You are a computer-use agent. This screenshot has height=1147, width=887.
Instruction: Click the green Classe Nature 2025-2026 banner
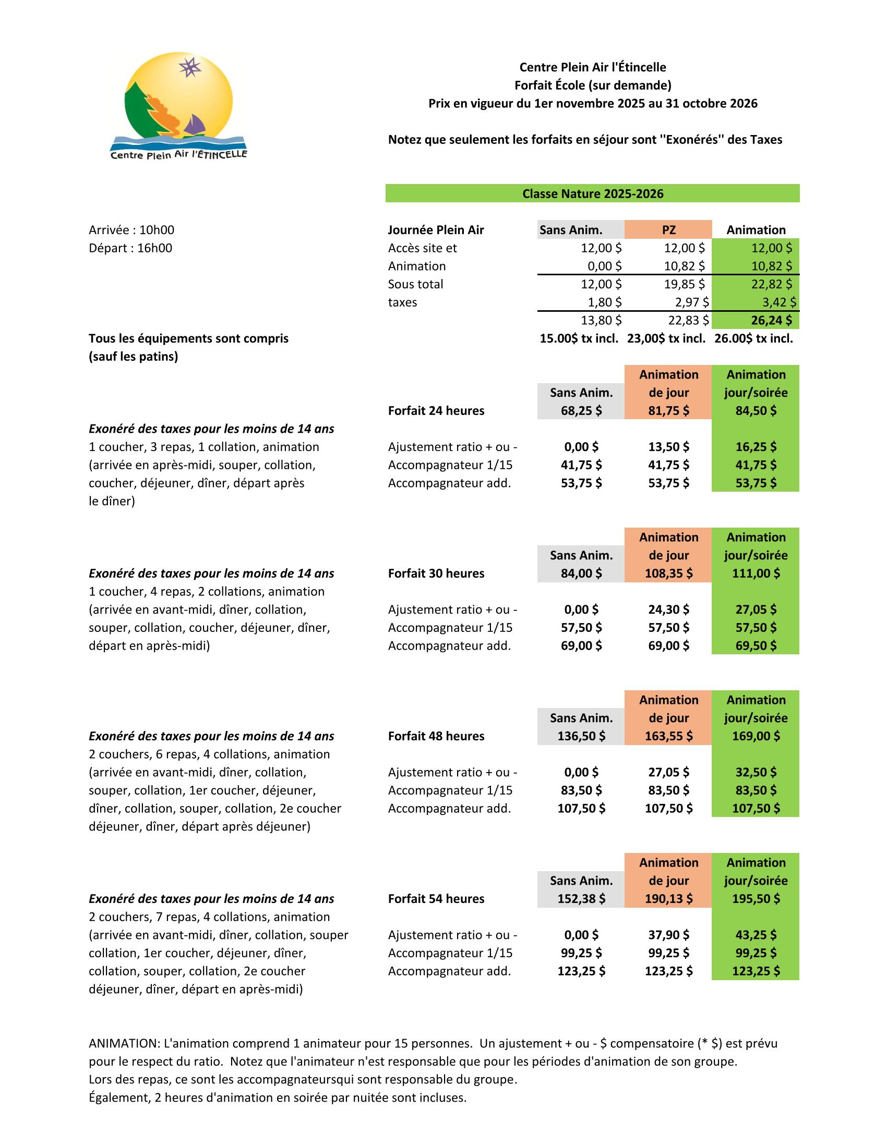click(592, 194)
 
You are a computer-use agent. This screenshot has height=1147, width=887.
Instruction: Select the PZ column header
click(668, 229)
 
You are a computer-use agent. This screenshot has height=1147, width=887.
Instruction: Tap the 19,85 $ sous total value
click(684, 284)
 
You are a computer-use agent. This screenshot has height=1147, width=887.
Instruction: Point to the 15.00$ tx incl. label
click(579, 339)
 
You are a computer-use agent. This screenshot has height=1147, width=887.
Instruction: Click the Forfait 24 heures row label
click(436, 411)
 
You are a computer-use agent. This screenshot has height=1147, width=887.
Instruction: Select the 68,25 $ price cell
click(581, 411)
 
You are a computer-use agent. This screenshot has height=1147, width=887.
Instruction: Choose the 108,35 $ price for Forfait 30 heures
click(668, 573)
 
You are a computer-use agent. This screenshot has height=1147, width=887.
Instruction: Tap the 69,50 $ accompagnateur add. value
click(756, 645)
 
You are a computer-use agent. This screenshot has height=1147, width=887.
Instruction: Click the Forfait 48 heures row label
click(436, 736)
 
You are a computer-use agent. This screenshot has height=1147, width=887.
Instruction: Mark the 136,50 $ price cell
click(581, 736)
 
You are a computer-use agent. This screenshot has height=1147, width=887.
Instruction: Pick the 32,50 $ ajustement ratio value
click(756, 772)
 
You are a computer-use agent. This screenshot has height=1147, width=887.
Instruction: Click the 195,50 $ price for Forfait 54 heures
click(756, 899)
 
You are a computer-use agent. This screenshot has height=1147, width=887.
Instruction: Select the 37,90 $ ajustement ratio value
click(668, 935)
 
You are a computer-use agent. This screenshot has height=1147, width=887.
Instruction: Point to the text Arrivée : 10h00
click(131, 230)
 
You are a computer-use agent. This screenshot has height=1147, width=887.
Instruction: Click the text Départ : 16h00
click(130, 248)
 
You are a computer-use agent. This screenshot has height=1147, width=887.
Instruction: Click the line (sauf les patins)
click(134, 357)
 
